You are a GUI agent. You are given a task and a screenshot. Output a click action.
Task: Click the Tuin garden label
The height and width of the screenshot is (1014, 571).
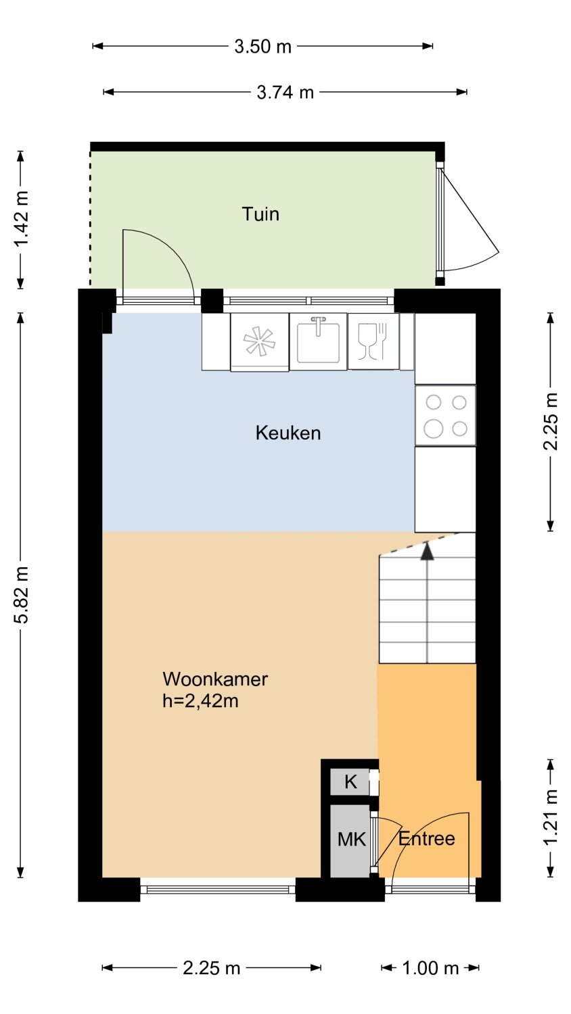[260, 214]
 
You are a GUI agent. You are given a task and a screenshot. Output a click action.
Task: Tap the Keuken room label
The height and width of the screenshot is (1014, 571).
[288, 433]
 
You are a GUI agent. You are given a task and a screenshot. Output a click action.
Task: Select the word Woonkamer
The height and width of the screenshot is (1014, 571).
[215, 679]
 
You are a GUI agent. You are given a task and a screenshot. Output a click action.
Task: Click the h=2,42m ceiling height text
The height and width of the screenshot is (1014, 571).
[200, 701]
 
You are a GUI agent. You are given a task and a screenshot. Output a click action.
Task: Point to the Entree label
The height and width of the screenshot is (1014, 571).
[426, 839]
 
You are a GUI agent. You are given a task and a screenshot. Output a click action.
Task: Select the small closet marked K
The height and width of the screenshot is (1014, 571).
[350, 781]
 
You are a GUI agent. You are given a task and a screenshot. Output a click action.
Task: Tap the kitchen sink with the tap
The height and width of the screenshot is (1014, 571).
[318, 341]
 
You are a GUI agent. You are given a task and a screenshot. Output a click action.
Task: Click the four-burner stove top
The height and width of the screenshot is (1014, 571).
[445, 416]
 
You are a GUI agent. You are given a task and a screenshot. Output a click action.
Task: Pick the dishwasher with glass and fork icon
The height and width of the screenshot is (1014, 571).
[373, 341]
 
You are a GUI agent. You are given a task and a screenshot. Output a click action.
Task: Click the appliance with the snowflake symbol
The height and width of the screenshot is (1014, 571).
[260, 342]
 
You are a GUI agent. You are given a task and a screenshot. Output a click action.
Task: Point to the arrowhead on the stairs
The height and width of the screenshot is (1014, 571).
[426, 552]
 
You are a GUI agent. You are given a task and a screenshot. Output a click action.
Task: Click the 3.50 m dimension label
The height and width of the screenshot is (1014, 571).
[263, 46]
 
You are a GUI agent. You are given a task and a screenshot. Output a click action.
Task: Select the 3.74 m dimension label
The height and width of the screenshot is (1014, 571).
[285, 93]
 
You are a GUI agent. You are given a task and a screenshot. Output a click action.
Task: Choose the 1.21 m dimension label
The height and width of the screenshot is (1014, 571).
[550, 817]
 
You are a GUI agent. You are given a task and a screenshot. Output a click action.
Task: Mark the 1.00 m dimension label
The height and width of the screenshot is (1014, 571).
[430, 968]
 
